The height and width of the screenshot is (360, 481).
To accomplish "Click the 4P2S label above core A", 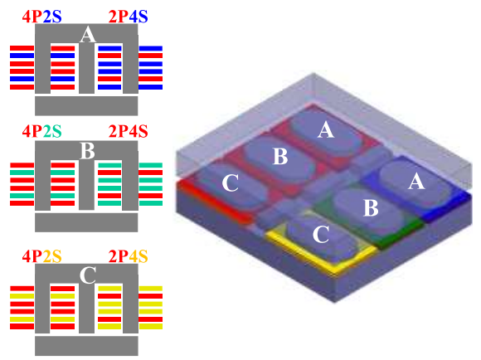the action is [x=41, y=17].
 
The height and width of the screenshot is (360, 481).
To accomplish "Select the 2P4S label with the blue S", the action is [x=128, y=17].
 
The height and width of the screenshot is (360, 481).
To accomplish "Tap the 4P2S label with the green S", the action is [x=41, y=131].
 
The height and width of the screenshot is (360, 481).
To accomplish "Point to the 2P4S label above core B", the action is [x=128, y=131].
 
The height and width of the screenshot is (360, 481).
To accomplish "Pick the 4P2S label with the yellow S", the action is [x=41, y=256].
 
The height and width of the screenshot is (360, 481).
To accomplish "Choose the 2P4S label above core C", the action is [x=128, y=256].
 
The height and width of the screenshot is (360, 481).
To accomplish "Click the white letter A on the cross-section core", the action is [x=87, y=34].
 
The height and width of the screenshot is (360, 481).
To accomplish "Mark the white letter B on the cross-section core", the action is [x=87, y=151].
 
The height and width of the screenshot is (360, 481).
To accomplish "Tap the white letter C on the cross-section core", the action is [x=87, y=275].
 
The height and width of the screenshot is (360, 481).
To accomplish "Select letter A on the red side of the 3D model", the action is [x=326, y=129].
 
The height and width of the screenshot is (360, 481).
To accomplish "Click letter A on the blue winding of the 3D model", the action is [x=416, y=182].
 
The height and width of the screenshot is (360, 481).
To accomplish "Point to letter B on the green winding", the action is [x=371, y=207].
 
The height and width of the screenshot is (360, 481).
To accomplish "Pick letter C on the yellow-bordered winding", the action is [x=321, y=235].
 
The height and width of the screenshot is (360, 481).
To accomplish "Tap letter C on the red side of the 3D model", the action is [x=230, y=183].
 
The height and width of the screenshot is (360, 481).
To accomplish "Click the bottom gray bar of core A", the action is [x=86, y=106].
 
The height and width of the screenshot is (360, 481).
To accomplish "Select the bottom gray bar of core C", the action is [x=86, y=346].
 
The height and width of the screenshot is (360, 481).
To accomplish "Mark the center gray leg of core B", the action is [x=86, y=185].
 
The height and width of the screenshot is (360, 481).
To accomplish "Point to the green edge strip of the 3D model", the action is [x=399, y=234].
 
